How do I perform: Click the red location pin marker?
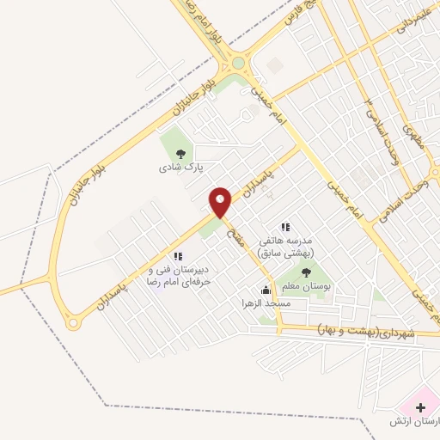tap(221, 202)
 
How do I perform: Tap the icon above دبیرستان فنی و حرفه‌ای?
tap(177, 255)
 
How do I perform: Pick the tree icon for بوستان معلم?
tap(307, 273)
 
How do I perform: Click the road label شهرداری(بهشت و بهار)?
tap(365, 331)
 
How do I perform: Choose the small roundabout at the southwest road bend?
tap(72, 324)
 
